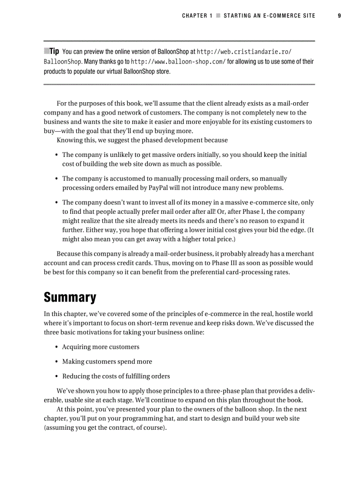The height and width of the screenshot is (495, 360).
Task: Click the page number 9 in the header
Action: pos(339,15)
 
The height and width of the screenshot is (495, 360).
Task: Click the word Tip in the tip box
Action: pos(54,51)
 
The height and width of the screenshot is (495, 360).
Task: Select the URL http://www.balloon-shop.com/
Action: pos(178,61)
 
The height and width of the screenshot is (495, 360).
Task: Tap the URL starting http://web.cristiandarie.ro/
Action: pos(244,52)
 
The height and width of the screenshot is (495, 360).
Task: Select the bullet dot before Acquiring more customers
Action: pos(57,347)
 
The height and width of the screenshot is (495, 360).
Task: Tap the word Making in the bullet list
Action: pos(72,361)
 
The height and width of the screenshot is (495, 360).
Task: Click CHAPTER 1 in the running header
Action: pos(194,15)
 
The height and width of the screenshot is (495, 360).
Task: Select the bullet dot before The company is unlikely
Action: pos(57,155)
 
